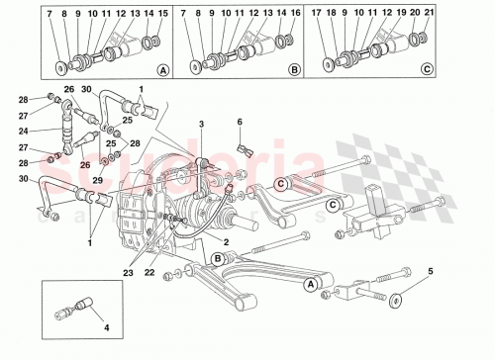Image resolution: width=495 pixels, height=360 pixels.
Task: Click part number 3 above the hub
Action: (201, 124)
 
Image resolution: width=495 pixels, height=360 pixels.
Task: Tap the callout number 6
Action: (239, 122)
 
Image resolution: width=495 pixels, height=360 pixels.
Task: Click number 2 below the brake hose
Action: (226, 241)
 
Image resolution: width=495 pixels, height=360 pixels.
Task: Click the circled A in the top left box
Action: (162, 70)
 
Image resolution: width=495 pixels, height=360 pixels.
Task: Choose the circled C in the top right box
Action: (426, 70)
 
